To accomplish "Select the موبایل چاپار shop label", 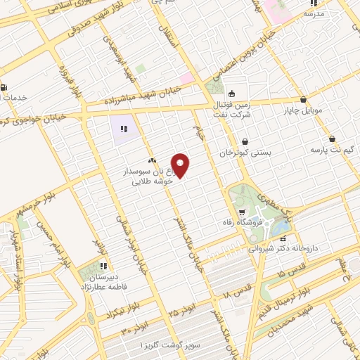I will click(302, 110).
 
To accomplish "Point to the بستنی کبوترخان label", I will click(244, 153).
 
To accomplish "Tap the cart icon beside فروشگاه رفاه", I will click(243, 212).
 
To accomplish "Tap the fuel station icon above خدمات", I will click(6, 87).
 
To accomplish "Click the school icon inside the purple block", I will click(123, 129).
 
